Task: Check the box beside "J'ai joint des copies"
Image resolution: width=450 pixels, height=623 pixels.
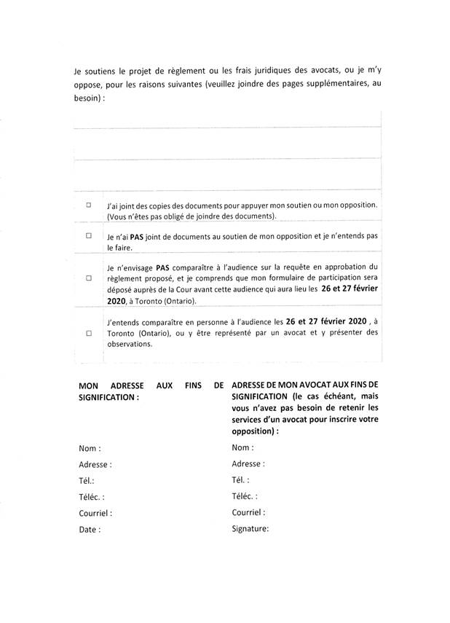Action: [x=89, y=205]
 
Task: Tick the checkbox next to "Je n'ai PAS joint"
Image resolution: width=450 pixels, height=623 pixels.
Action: [x=89, y=235]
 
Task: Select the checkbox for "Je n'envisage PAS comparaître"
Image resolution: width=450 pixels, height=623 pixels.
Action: [x=89, y=278]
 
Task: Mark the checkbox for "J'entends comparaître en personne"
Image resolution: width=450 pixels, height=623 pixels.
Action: [x=89, y=332]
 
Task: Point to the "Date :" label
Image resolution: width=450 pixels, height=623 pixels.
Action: [x=89, y=530]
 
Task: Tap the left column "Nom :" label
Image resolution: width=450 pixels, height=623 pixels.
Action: [x=90, y=448]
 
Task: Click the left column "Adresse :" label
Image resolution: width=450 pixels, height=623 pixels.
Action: [x=95, y=463]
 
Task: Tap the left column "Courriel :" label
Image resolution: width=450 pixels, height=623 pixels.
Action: [x=95, y=513]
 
